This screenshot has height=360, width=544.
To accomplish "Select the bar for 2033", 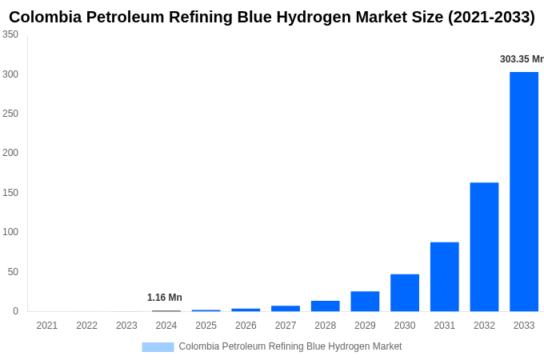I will [524, 191].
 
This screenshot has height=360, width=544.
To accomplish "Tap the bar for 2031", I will [444, 276].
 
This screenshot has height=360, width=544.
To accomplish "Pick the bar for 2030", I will [405, 292].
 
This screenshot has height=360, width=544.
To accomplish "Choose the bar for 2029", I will [365, 301].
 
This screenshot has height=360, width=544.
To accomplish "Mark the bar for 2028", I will [326, 306].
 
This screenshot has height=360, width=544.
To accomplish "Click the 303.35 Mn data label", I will [521, 59].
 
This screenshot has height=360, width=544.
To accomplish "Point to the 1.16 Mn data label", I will [165, 298].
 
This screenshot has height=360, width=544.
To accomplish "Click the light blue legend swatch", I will [158, 347].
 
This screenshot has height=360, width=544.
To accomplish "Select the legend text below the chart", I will [290, 346].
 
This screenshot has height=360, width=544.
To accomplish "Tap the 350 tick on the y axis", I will [10, 34].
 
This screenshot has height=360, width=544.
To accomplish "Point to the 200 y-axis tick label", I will [10, 153].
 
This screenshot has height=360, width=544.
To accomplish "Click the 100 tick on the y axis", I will [10, 232].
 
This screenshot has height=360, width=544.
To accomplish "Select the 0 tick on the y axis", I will [15, 311].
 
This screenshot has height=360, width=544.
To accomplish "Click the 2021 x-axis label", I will [47, 326].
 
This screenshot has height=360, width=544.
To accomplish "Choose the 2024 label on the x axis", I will [166, 326].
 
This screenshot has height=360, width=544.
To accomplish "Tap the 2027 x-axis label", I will [286, 326].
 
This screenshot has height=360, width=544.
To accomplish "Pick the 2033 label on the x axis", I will [524, 326].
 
